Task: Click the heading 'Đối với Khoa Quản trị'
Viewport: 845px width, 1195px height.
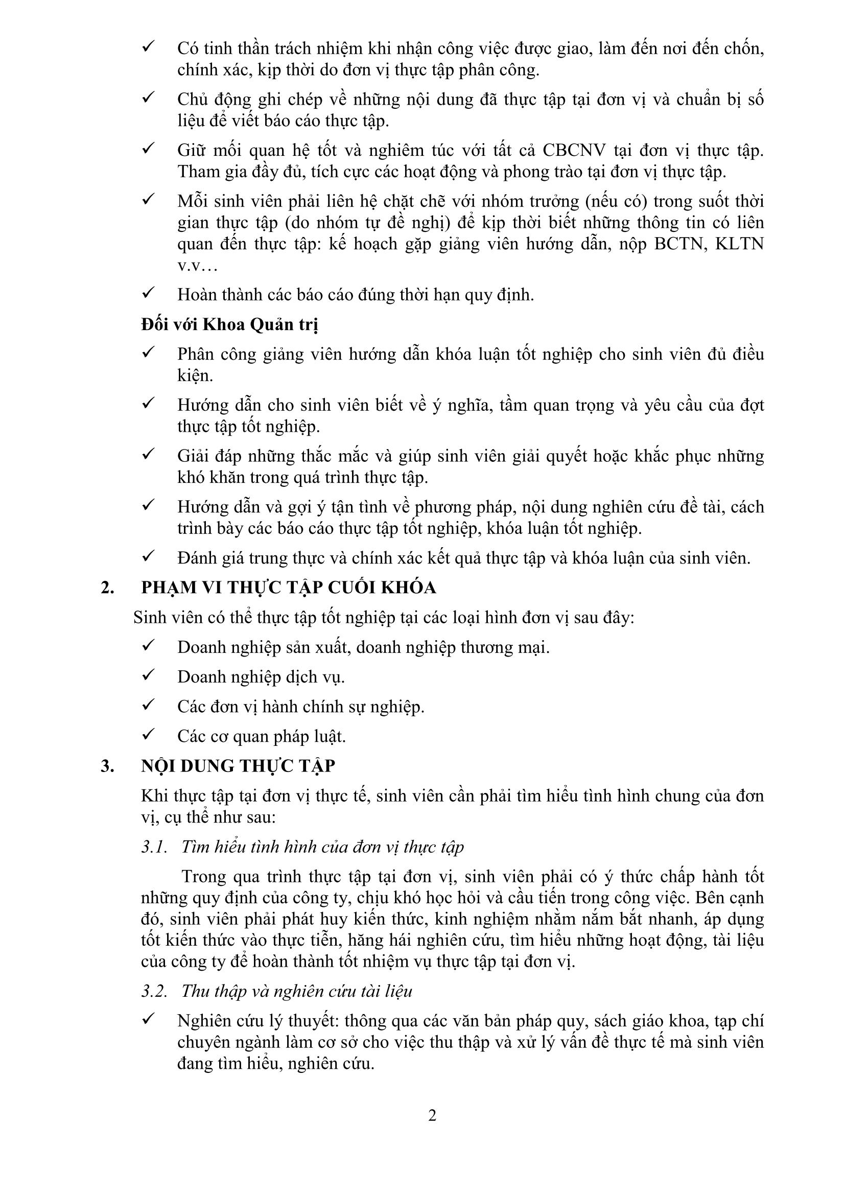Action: (229, 324)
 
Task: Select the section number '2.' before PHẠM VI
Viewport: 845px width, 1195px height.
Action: (108, 588)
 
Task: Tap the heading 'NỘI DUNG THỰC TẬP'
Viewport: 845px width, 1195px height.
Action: (238, 766)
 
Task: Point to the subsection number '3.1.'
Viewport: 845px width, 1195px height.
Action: (154, 847)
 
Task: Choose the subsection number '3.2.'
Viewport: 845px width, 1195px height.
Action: (154, 991)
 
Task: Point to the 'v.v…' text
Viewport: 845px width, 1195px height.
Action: (197, 266)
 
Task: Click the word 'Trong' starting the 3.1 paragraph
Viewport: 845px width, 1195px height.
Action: (204, 877)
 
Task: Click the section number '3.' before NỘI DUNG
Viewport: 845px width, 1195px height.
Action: (108, 766)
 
